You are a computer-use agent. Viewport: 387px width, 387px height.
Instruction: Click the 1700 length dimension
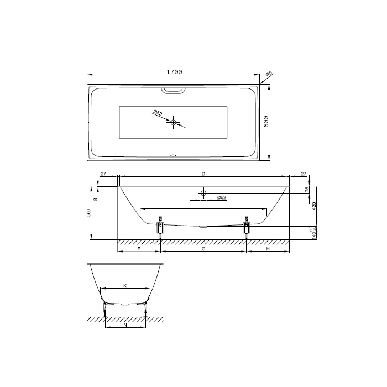[x=174, y=72]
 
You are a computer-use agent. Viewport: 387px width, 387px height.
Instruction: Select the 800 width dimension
[x=266, y=122]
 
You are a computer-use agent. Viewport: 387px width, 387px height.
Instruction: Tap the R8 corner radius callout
[x=269, y=74]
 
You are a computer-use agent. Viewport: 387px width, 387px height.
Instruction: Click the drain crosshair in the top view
[x=174, y=122]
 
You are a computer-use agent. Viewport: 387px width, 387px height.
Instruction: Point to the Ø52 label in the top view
[x=158, y=113]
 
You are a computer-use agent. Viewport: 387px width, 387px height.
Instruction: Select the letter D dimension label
[x=203, y=174]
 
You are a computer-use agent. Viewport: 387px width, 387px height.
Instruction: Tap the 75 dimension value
[x=307, y=190]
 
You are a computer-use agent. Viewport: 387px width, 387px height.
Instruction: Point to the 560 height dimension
[x=89, y=213]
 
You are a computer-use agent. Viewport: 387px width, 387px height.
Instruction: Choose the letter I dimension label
[x=203, y=205]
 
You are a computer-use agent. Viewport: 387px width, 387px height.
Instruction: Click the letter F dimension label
[x=139, y=249]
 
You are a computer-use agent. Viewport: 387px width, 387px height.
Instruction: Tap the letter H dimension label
[x=268, y=249]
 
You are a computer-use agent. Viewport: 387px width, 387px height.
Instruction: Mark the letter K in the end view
[x=125, y=285]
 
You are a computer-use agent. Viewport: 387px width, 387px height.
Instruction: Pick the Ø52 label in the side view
[x=221, y=197]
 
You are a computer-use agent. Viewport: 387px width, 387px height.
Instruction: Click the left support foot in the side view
[x=161, y=227]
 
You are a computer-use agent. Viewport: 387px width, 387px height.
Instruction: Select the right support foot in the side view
[x=246, y=227]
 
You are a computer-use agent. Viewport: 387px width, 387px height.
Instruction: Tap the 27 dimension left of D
[x=103, y=174]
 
